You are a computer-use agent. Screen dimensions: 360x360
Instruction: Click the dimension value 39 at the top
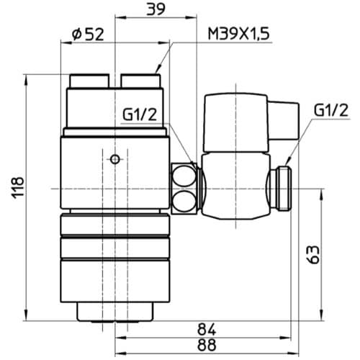(x=156, y=9)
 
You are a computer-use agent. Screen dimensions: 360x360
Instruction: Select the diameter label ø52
(x=88, y=34)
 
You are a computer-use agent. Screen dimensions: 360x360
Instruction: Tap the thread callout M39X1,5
(x=239, y=33)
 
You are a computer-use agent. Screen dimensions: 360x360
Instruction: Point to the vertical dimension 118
(x=18, y=187)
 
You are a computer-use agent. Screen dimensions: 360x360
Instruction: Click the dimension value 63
(x=313, y=254)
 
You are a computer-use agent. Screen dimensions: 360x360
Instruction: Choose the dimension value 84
(x=207, y=329)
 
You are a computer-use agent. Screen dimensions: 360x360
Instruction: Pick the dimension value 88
(x=207, y=345)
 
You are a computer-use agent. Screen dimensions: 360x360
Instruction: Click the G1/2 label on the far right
(x=331, y=110)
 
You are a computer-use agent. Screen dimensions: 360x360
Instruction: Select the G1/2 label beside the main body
(x=140, y=114)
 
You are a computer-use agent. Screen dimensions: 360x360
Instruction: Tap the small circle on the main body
(x=115, y=159)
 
